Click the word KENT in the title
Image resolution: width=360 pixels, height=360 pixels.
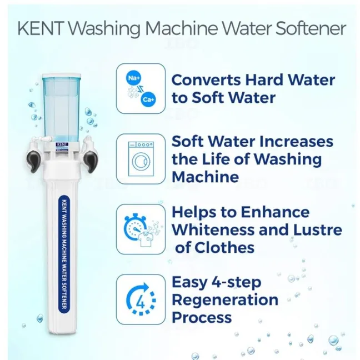click(41, 28)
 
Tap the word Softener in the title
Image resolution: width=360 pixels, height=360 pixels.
click(311, 28)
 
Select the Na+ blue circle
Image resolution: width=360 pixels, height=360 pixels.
click(134, 78)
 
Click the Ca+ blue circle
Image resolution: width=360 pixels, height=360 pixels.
click(148, 99)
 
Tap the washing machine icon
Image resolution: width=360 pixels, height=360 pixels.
click(141, 159)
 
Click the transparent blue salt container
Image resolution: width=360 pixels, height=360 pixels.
click(62, 108)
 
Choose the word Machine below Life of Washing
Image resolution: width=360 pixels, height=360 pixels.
click(205, 177)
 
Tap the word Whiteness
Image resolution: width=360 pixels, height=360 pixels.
click(213, 229)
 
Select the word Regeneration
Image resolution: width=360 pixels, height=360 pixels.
click(225, 300)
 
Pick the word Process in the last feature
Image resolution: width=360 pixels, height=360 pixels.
click(202, 318)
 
